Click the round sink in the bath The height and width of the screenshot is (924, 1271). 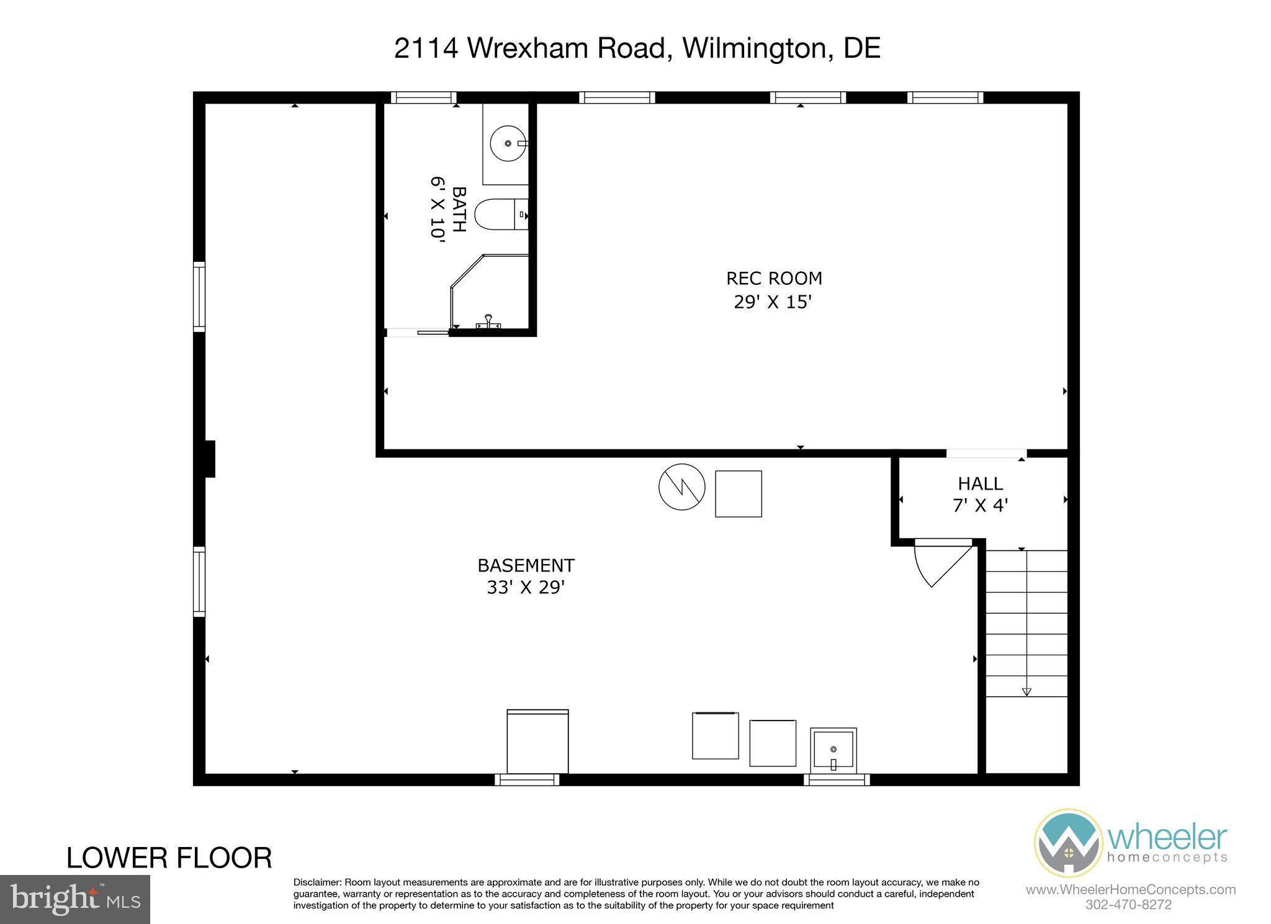508,143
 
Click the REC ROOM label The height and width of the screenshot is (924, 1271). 774,278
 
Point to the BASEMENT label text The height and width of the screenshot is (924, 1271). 526,565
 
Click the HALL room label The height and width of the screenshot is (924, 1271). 980,483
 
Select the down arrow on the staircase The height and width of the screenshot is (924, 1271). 1026,691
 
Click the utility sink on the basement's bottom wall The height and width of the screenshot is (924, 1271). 833,751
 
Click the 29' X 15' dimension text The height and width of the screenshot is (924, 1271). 773,302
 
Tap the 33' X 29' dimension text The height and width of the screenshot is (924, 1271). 526,587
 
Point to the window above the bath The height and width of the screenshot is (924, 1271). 423,97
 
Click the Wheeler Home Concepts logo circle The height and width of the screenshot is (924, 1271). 1068,842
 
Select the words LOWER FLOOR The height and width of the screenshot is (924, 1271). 169,858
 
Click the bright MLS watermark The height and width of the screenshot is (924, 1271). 74,899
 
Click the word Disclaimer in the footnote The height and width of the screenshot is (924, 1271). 317,882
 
